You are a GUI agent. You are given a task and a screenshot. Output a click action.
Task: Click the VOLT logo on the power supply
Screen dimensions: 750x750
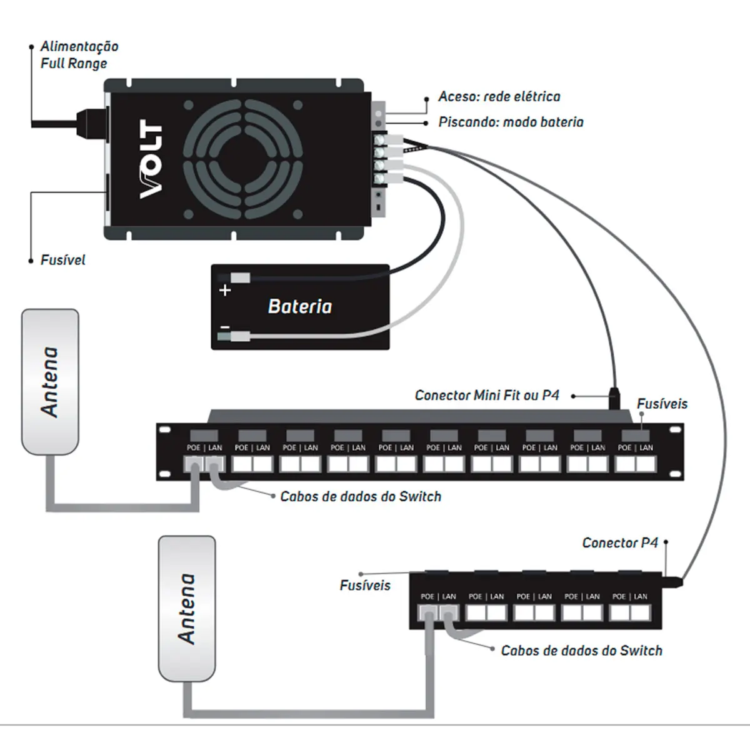pos(151,159)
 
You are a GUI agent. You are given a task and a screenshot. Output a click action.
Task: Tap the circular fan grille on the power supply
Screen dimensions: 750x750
pos(244,159)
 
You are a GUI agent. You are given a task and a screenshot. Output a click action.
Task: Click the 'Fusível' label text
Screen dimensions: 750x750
pos(62,260)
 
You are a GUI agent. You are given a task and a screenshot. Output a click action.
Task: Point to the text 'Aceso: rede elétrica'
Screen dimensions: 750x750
pos(499,97)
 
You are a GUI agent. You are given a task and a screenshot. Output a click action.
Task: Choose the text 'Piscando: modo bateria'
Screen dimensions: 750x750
pos(511,122)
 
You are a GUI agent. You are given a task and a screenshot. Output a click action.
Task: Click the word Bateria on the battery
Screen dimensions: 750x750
pos(299,306)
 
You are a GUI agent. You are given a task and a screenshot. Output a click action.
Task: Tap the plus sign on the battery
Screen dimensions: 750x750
pos(225,290)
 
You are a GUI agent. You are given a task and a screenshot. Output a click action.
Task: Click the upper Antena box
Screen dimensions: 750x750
pos(50,381)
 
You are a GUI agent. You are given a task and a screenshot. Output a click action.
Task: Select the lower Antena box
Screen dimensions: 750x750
pos(187,608)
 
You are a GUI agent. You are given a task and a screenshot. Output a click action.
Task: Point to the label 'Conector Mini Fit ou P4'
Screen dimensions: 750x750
pos(487,395)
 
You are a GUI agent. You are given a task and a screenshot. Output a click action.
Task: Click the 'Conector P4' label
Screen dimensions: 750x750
pos(620,542)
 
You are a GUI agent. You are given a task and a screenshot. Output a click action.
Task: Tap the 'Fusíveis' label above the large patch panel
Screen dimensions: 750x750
pos(662,404)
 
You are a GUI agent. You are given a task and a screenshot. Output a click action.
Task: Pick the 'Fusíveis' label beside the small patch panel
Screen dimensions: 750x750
pos(365,586)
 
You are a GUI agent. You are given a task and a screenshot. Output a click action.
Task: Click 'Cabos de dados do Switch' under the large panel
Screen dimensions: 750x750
pos(361,496)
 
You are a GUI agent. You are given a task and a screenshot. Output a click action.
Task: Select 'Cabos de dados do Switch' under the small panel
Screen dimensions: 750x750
pos(581,651)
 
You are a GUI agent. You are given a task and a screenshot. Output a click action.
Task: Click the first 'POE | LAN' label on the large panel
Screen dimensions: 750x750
pos(204,447)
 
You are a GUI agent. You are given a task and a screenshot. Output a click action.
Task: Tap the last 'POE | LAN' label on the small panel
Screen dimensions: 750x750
pos(630,596)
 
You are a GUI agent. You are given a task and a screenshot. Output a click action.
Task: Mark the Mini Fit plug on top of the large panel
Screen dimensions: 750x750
pos(615,399)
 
